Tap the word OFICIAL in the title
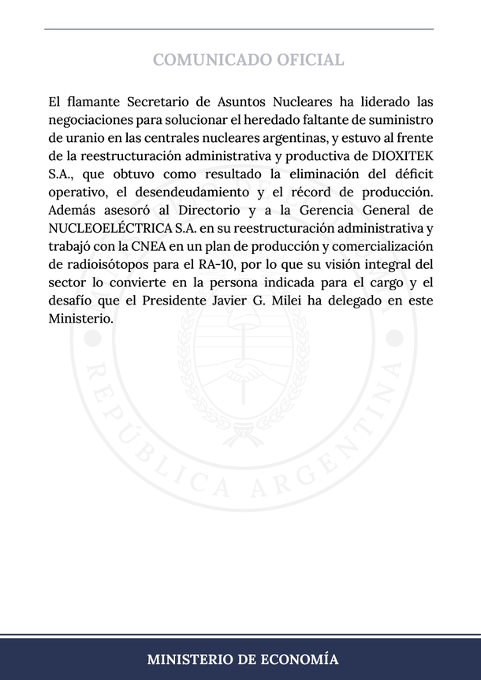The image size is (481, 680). click(x=310, y=60)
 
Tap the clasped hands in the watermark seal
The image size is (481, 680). click(x=240, y=371)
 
